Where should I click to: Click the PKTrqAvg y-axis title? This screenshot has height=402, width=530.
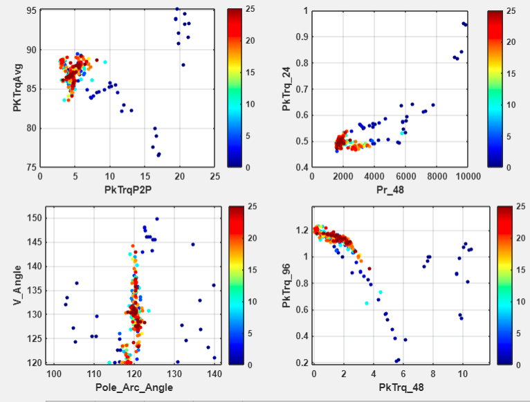[x=16, y=88]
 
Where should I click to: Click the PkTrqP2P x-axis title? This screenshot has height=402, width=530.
[x=128, y=188]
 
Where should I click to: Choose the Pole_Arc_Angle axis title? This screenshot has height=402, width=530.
[x=134, y=387]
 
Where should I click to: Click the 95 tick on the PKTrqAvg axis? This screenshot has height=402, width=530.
[x=32, y=11]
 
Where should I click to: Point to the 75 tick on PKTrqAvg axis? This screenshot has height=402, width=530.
[x=32, y=167]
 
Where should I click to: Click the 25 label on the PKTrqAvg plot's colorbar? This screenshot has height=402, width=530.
[x=249, y=10]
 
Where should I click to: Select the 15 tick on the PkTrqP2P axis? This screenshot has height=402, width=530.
[x=145, y=177]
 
